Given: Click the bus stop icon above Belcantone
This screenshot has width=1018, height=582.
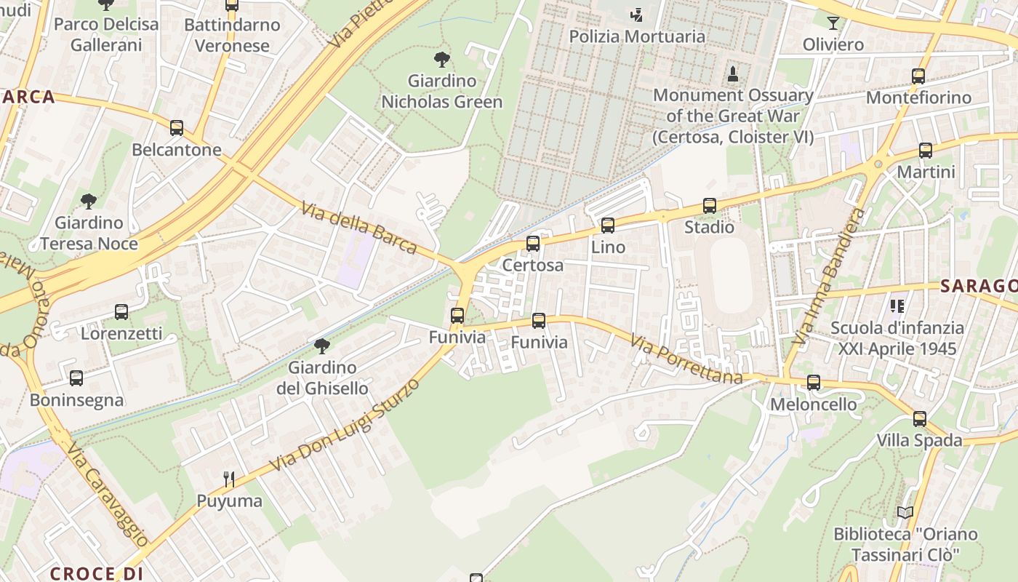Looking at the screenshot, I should (176, 128).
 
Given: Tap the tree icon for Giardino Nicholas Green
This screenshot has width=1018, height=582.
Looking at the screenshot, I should (441, 60).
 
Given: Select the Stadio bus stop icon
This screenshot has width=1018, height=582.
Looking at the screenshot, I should (710, 206).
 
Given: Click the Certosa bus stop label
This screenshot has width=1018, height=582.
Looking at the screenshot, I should (533, 265).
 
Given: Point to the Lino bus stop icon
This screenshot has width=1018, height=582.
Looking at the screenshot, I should (608, 226).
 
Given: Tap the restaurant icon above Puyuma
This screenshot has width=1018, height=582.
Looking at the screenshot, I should (229, 479).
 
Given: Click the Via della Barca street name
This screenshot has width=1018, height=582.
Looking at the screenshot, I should (359, 229).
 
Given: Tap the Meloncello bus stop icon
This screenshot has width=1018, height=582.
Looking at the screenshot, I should (814, 383).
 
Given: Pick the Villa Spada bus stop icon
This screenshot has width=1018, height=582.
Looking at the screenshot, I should (920, 419).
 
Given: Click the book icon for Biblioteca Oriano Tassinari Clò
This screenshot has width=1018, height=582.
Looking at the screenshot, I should (905, 513).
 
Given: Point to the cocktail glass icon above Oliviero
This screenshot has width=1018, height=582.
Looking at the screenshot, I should (833, 23).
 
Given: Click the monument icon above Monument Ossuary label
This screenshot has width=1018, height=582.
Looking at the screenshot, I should (733, 73).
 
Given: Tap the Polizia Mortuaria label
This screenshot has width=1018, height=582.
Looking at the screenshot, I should (637, 36).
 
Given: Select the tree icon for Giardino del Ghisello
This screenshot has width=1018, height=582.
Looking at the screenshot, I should (322, 346).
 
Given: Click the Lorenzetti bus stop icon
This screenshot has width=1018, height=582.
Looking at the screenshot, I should (121, 312).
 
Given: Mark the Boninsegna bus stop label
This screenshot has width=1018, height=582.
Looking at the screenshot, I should (76, 400).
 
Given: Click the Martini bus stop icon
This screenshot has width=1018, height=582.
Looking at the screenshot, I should (926, 151).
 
